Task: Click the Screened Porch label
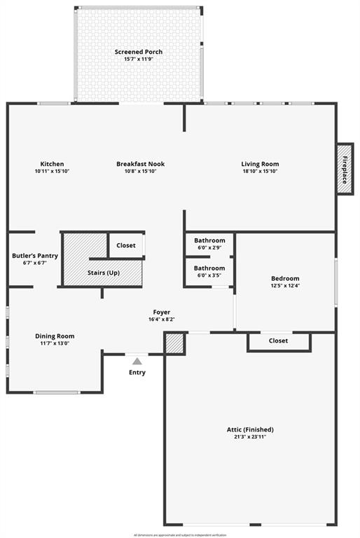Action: (x=139, y=52)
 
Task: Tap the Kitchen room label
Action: (x=52, y=164)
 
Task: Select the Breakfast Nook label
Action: (x=140, y=164)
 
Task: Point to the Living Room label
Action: (x=260, y=164)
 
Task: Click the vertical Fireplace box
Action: (x=345, y=169)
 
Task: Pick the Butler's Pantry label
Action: (x=34, y=256)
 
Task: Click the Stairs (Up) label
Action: (x=103, y=272)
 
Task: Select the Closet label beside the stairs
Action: (x=126, y=245)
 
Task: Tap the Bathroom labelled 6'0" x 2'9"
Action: (x=209, y=240)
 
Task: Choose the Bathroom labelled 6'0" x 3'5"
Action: (x=209, y=268)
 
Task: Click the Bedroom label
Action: (x=285, y=278)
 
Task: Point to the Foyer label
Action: (x=162, y=312)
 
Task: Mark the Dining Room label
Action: (x=55, y=336)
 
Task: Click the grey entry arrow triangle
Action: (x=137, y=361)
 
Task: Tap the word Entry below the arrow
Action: (x=137, y=372)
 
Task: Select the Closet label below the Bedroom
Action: (x=279, y=340)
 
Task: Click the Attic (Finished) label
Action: (x=250, y=429)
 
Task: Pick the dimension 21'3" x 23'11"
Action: (x=250, y=437)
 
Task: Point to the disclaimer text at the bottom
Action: (x=180, y=534)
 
